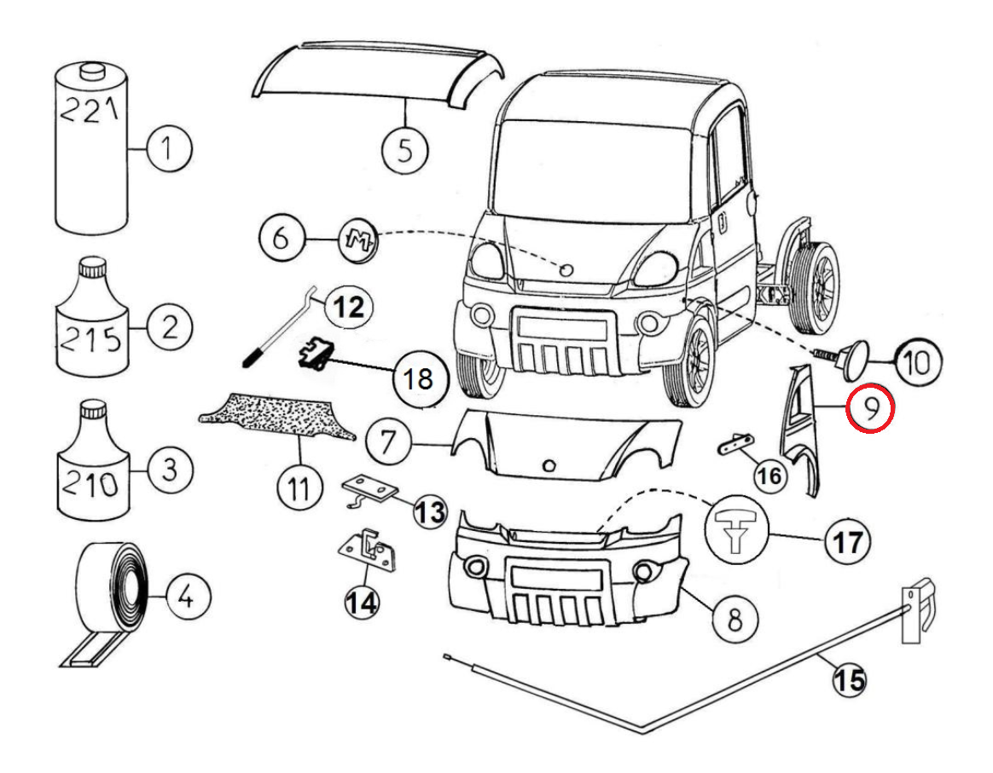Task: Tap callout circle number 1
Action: point(169,150)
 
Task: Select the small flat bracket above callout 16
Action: point(733,443)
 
